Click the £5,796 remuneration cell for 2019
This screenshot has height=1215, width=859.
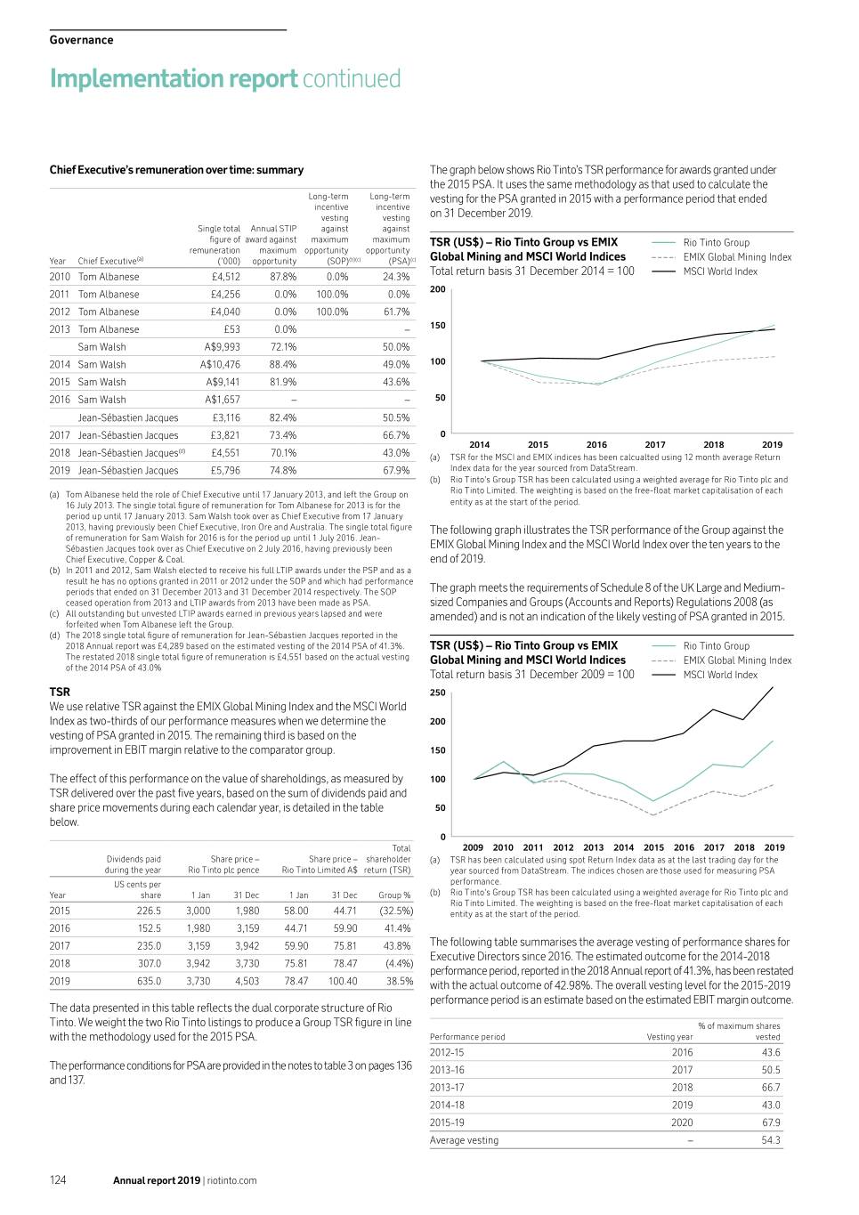225,471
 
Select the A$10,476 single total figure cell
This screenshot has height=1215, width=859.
220,365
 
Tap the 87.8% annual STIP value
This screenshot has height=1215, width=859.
283,277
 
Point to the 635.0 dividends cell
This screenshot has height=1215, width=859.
149,982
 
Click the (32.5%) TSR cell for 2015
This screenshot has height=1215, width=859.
395,911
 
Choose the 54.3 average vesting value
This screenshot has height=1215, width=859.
770,1140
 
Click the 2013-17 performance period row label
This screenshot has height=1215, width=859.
447,1088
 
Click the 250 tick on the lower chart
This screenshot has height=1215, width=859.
438,693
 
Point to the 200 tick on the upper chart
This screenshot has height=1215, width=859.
438,289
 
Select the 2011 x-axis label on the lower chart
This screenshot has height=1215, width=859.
533,848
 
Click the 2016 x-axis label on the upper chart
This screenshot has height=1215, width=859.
596,445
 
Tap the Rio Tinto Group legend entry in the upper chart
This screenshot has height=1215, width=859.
716,243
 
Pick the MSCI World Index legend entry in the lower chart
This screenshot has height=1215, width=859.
720,675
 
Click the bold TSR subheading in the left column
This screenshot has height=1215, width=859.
60,692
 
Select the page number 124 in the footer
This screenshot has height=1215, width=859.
58,1180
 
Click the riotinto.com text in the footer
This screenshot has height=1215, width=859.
232,1181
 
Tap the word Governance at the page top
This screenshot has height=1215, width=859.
81,40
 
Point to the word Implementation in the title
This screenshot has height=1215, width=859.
174,79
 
